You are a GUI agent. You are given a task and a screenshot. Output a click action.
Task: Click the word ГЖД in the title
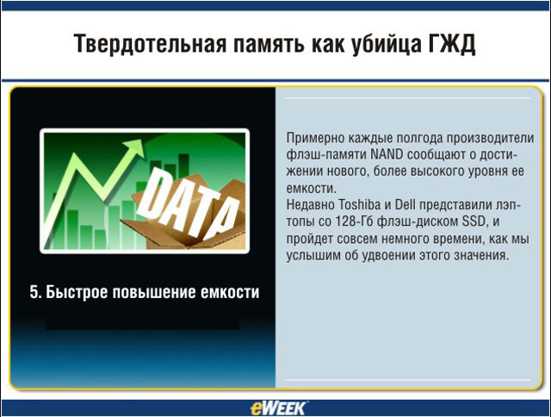coord(451,44)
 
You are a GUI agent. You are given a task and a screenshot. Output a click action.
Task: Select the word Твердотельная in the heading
coord(150,44)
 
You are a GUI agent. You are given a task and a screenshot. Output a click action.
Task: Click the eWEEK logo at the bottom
coord(278,408)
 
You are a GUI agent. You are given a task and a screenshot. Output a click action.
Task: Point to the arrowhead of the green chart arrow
coord(135,147)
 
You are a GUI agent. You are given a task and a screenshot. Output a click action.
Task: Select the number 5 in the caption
coord(34,292)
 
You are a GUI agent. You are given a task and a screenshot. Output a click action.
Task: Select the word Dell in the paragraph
coord(406,205)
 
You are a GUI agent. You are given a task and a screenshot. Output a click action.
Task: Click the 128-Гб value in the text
coord(354,221)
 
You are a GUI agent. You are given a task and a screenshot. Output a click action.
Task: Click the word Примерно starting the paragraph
coord(315,138)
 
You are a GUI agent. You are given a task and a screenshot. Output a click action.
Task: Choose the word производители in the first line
coord(490,138)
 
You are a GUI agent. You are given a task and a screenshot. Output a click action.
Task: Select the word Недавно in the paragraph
coord(310,205)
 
